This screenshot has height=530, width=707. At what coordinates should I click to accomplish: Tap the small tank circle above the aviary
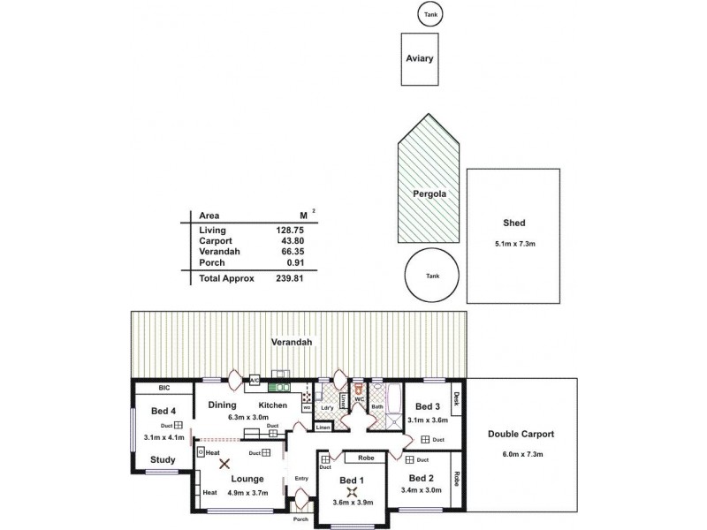[x=430, y=14]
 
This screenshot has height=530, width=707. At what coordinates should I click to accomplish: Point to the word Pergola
[x=429, y=193]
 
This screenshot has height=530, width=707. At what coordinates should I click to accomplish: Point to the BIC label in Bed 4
[x=163, y=387]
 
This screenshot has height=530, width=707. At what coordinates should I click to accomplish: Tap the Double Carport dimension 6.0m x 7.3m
[x=521, y=454]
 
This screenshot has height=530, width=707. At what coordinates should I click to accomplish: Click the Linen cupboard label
[x=323, y=428]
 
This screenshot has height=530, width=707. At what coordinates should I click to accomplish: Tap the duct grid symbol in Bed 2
[x=408, y=459]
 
